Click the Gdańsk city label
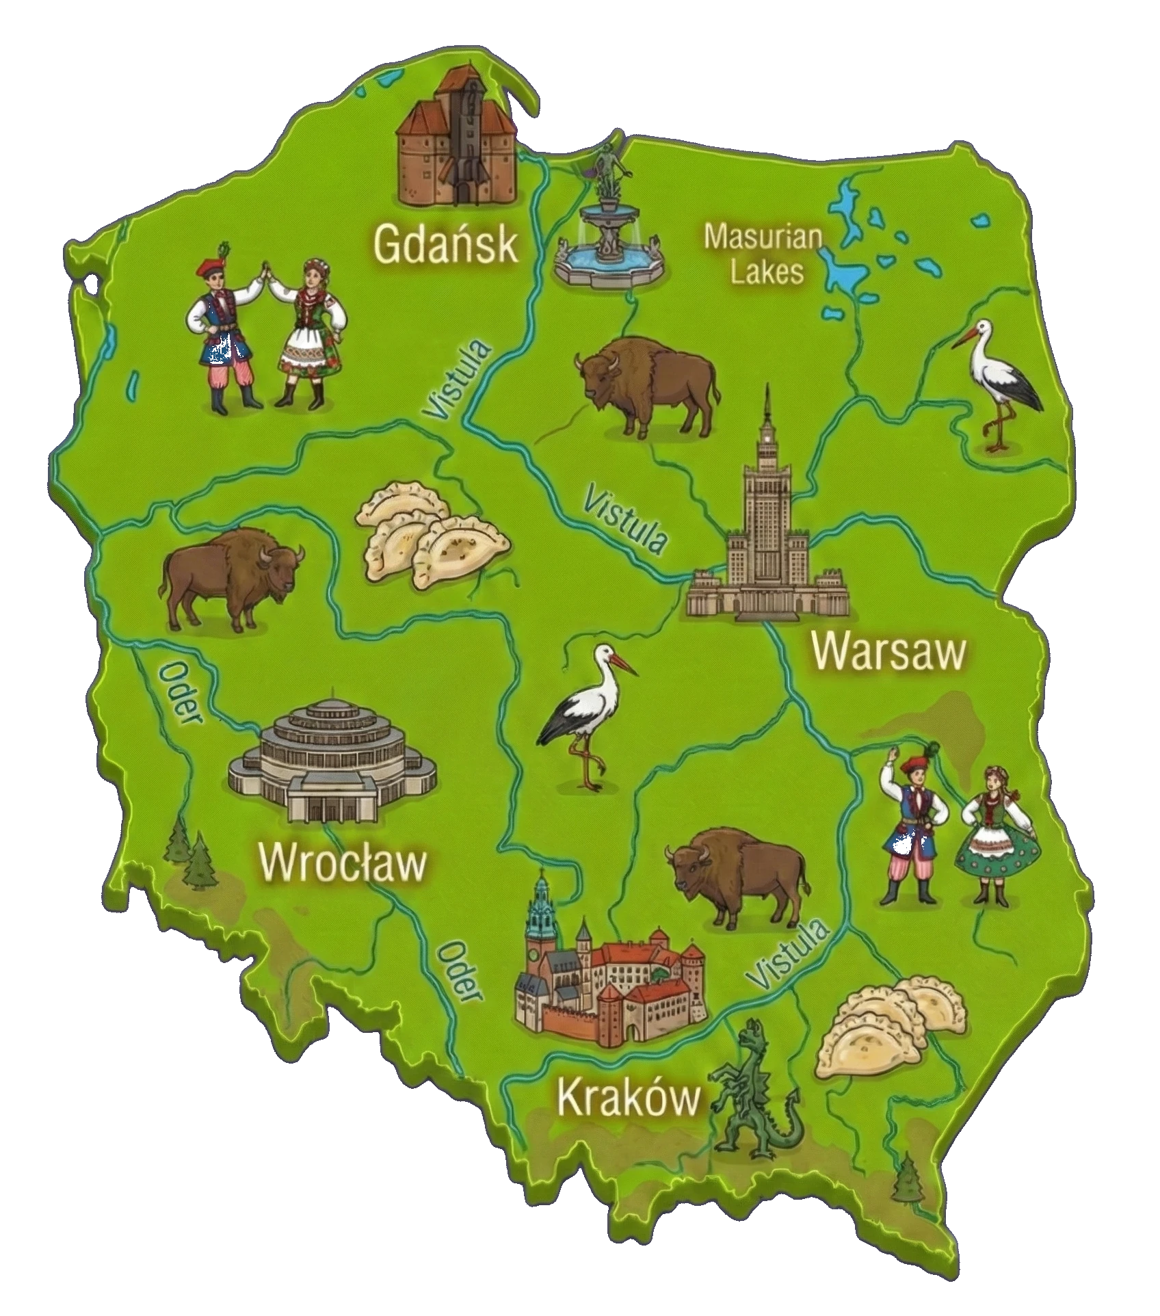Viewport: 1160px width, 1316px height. pos(446,246)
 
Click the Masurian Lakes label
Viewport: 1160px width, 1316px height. pos(764,254)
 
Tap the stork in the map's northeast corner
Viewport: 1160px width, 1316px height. pos(1003,383)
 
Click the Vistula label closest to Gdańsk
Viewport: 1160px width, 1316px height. pos(458,380)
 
